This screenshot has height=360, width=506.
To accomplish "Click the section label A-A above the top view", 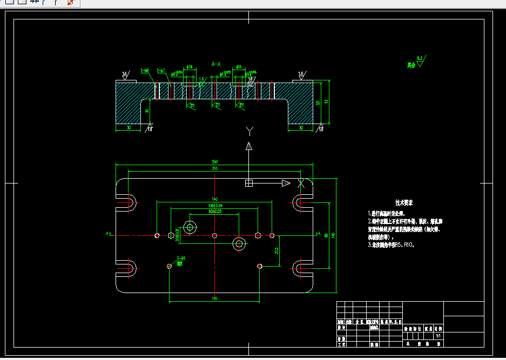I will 216,64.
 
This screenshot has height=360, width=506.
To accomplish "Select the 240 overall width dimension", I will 214,162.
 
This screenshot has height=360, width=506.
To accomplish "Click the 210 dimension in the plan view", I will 214,169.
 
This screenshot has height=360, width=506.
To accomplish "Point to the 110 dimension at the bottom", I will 214,298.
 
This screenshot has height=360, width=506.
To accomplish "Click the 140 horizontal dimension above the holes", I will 214,199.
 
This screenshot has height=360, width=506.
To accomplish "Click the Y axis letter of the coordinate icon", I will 249,131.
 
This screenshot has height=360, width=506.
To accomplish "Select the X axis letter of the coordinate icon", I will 301,184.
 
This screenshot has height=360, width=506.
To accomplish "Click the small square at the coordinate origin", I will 249,184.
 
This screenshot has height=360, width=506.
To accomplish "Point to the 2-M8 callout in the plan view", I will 181,259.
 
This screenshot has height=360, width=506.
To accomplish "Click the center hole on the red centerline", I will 215,235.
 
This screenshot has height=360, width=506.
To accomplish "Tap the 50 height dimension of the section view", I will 319,102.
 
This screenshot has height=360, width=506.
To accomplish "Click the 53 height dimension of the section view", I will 326,102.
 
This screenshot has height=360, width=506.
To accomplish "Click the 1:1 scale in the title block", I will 438,336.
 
